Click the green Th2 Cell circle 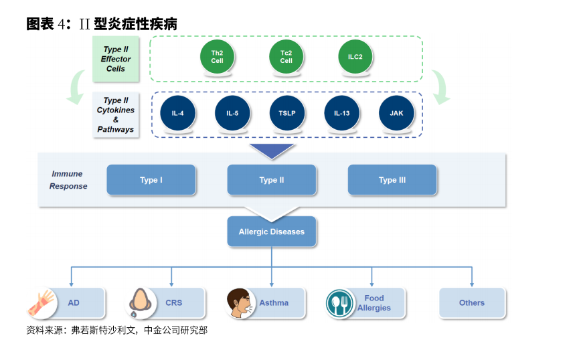pyautogui.click(x=217, y=56)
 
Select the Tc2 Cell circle pyautogui.click(x=286, y=56)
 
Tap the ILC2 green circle pyautogui.click(x=355, y=56)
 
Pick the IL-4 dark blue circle pyautogui.click(x=177, y=113)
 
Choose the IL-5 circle pyautogui.click(x=232, y=113)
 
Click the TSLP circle pyautogui.click(x=287, y=113)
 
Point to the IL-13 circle pyautogui.click(x=341, y=113)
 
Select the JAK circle pyautogui.click(x=396, y=113)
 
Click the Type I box pyautogui.click(x=151, y=180)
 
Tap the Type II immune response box pyautogui.click(x=272, y=180)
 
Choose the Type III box pyautogui.click(x=392, y=180)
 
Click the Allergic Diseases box pyautogui.click(x=272, y=232)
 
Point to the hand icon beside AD pyautogui.click(x=42, y=303)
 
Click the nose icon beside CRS pyautogui.click(x=141, y=303)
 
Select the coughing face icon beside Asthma pyautogui.click(x=240, y=303)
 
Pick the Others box pyautogui.click(x=472, y=302)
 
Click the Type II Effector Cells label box pyautogui.click(x=116, y=59)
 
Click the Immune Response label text pyautogui.click(x=69, y=180)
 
